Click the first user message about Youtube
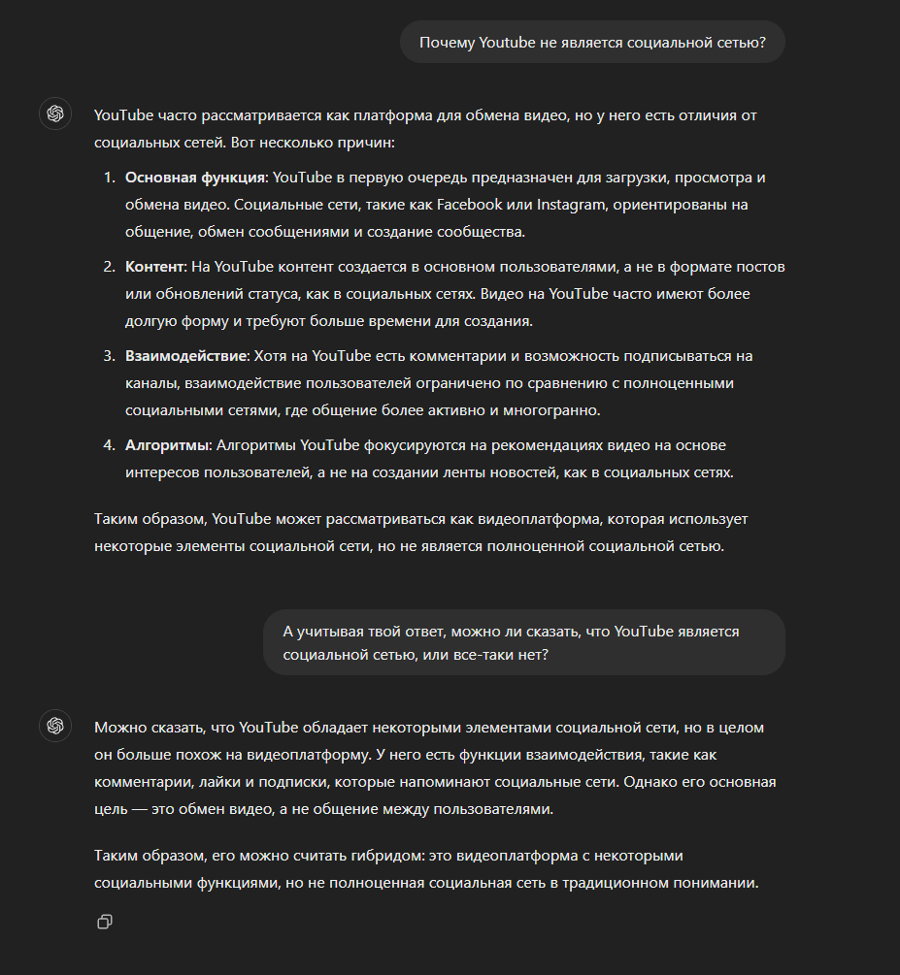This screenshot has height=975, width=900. pyautogui.click(x=591, y=43)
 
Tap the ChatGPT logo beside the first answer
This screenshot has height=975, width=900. pyautogui.click(x=55, y=114)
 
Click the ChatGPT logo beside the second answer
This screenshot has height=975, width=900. pyautogui.click(x=55, y=726)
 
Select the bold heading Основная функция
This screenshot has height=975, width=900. pyautogui.click(x=195, y=179)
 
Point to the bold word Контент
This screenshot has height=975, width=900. pyautogui.click(x=153, y=266)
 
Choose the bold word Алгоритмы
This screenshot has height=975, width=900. pyautogui.click(x=167, y=445)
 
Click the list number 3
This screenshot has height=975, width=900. pyautogui.click(x=109, y=356)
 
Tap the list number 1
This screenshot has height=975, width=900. pyautogui.click(x=109, y=179)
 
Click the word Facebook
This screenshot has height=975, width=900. pyautogui.click(x=469, y=205)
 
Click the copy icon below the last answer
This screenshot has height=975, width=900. pyautogui.click(x=105, y=922)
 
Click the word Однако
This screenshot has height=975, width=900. pyautogui.click(x=639, y=782)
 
